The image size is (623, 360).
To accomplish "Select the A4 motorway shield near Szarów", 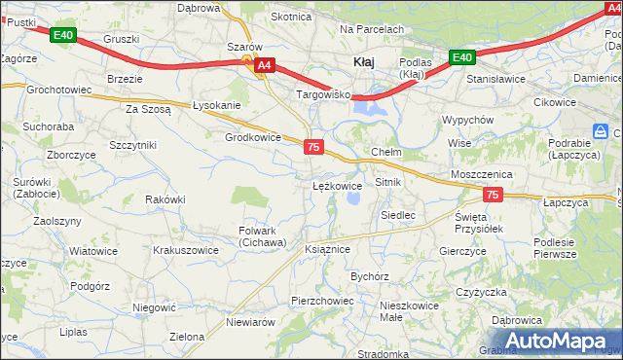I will point(265,66).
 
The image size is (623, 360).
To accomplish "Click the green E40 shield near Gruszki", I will point(64,36).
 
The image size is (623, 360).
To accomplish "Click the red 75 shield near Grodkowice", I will point(312,146).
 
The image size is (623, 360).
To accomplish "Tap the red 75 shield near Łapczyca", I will point(493,196).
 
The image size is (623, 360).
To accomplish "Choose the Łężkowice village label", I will point(337,185).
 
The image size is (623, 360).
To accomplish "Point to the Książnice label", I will point(326,249).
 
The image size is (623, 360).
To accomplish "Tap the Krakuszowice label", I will point(185,250).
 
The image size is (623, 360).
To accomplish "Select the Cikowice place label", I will point(556,102).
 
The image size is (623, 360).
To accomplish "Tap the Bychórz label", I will point(370,276).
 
